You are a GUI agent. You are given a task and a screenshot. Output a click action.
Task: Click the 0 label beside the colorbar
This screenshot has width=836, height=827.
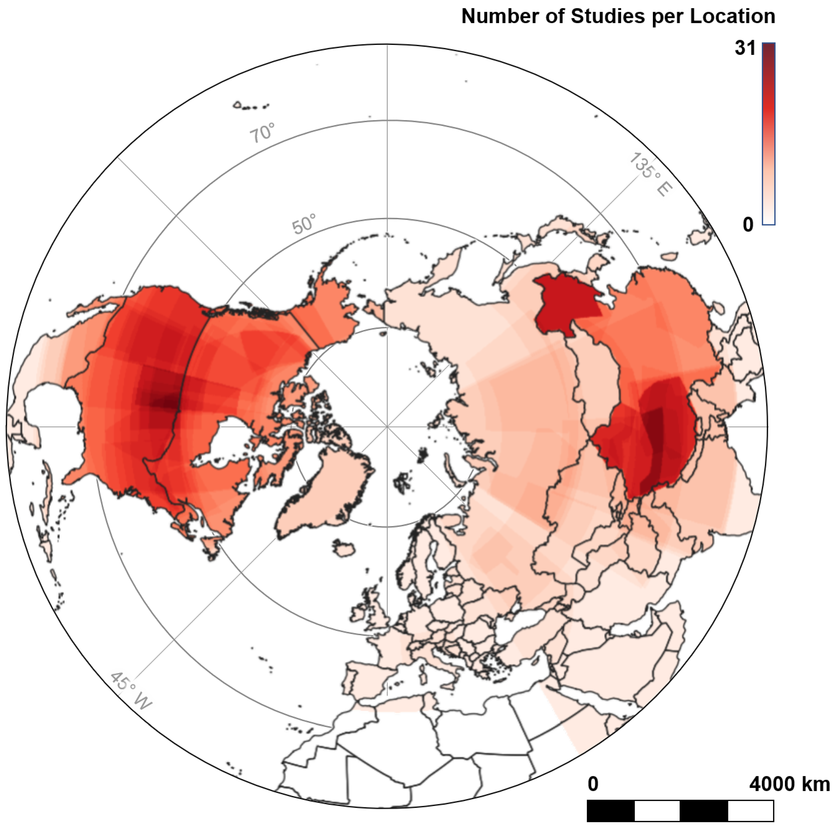click(x=748, y=224)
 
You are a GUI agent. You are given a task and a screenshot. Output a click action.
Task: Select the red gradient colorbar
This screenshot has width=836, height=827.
click(x=769, y=134)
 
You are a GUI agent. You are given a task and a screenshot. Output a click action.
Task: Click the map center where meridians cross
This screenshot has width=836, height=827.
click(x=387, y=427)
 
